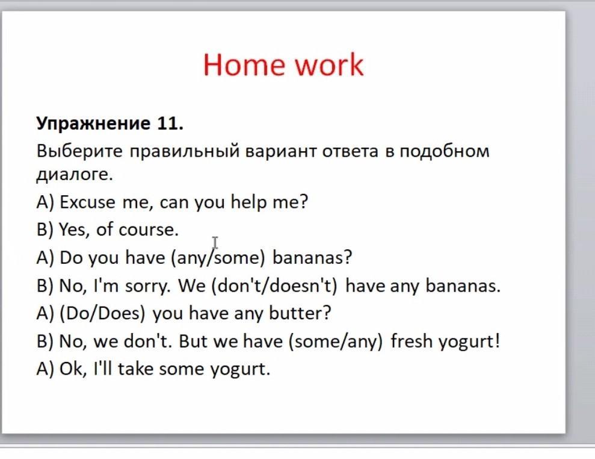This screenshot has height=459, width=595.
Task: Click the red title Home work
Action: pyautogui.click(x=283, y=64)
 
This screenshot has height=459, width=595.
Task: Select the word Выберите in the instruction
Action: pyautogui.click(x=79, y=151)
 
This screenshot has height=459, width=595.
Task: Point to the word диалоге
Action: pyautogui.click(x=75, y=175)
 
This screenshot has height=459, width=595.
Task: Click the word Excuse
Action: pyautogui.click(x=87, y=202)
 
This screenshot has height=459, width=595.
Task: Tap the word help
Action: pyautogui.click(x=248, y=202)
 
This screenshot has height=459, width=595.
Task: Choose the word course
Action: pyautogui.click(x=148, y=230)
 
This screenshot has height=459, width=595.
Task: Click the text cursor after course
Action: pyautogui.click(x=215, y=242)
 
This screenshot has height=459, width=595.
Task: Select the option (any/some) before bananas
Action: pyautogui.click(x=218, y=258)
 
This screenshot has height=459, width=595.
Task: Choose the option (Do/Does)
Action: pyautogui.click(x=102, y=313)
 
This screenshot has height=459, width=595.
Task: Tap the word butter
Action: pyautogui.click(x=300, y=313)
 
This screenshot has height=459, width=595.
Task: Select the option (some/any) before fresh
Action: pyautogui.click(x=335, y=341)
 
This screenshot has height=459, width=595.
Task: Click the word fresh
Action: pyautogui.click(x=412, y=340)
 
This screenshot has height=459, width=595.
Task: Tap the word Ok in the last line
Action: pyautogui.click(x=73, y=369)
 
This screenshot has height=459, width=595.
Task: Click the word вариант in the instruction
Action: pyautogui.click(x=281, y=151)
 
